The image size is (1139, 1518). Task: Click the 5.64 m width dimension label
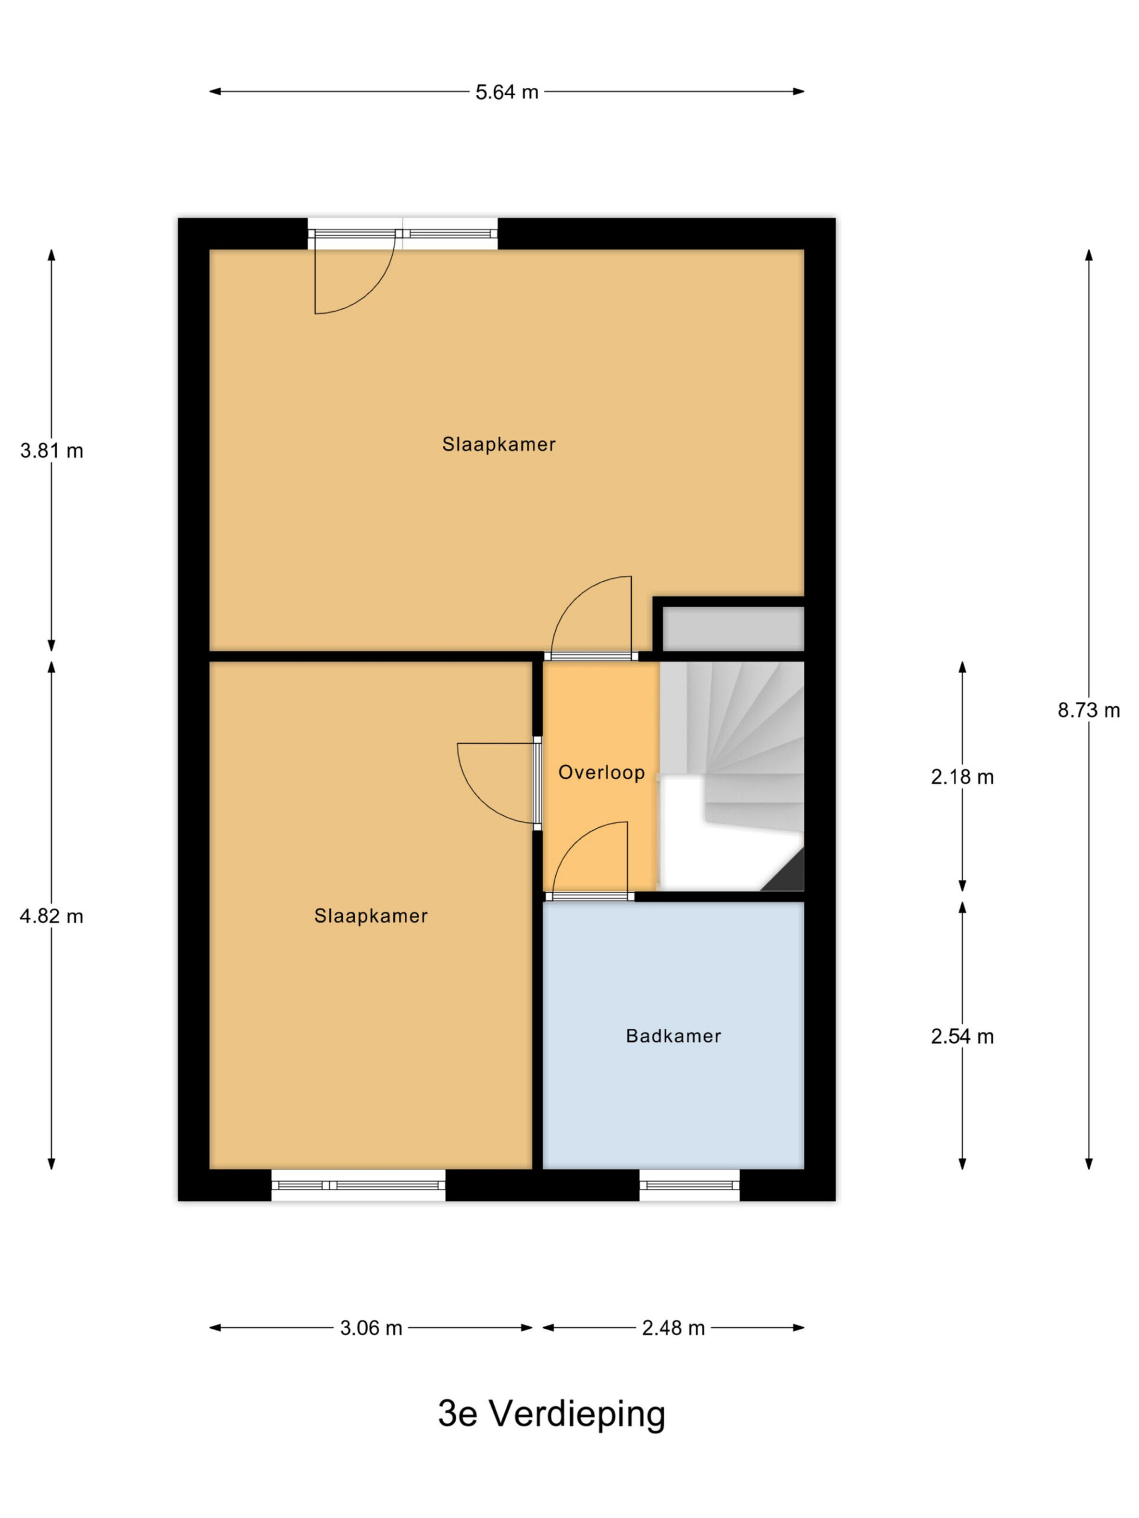coord(507,92)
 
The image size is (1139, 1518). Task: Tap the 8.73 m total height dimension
coord(1088,710)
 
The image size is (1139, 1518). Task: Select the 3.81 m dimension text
coord(52,451)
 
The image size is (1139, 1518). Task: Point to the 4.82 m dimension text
coord(52,916)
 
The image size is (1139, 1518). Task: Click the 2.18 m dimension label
coord(962,777)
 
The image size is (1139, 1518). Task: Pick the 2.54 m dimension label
coord(962,1037)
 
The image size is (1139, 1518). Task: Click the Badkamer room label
coord(673,1035)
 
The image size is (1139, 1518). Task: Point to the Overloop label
coord(602,773)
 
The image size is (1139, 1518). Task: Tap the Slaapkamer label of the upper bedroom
coord(498,444)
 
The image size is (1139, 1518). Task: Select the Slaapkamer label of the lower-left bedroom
coord(371,916)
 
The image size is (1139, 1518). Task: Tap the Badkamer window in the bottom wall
coord(689,1185)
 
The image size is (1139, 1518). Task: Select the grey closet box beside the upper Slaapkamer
coord(733,629)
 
